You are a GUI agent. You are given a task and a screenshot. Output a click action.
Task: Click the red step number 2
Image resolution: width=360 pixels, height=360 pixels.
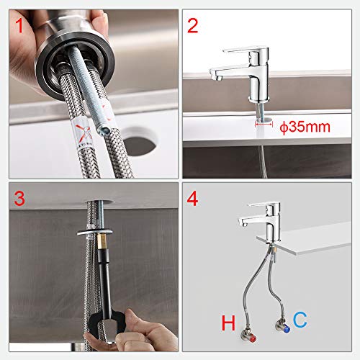coord(193,27)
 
